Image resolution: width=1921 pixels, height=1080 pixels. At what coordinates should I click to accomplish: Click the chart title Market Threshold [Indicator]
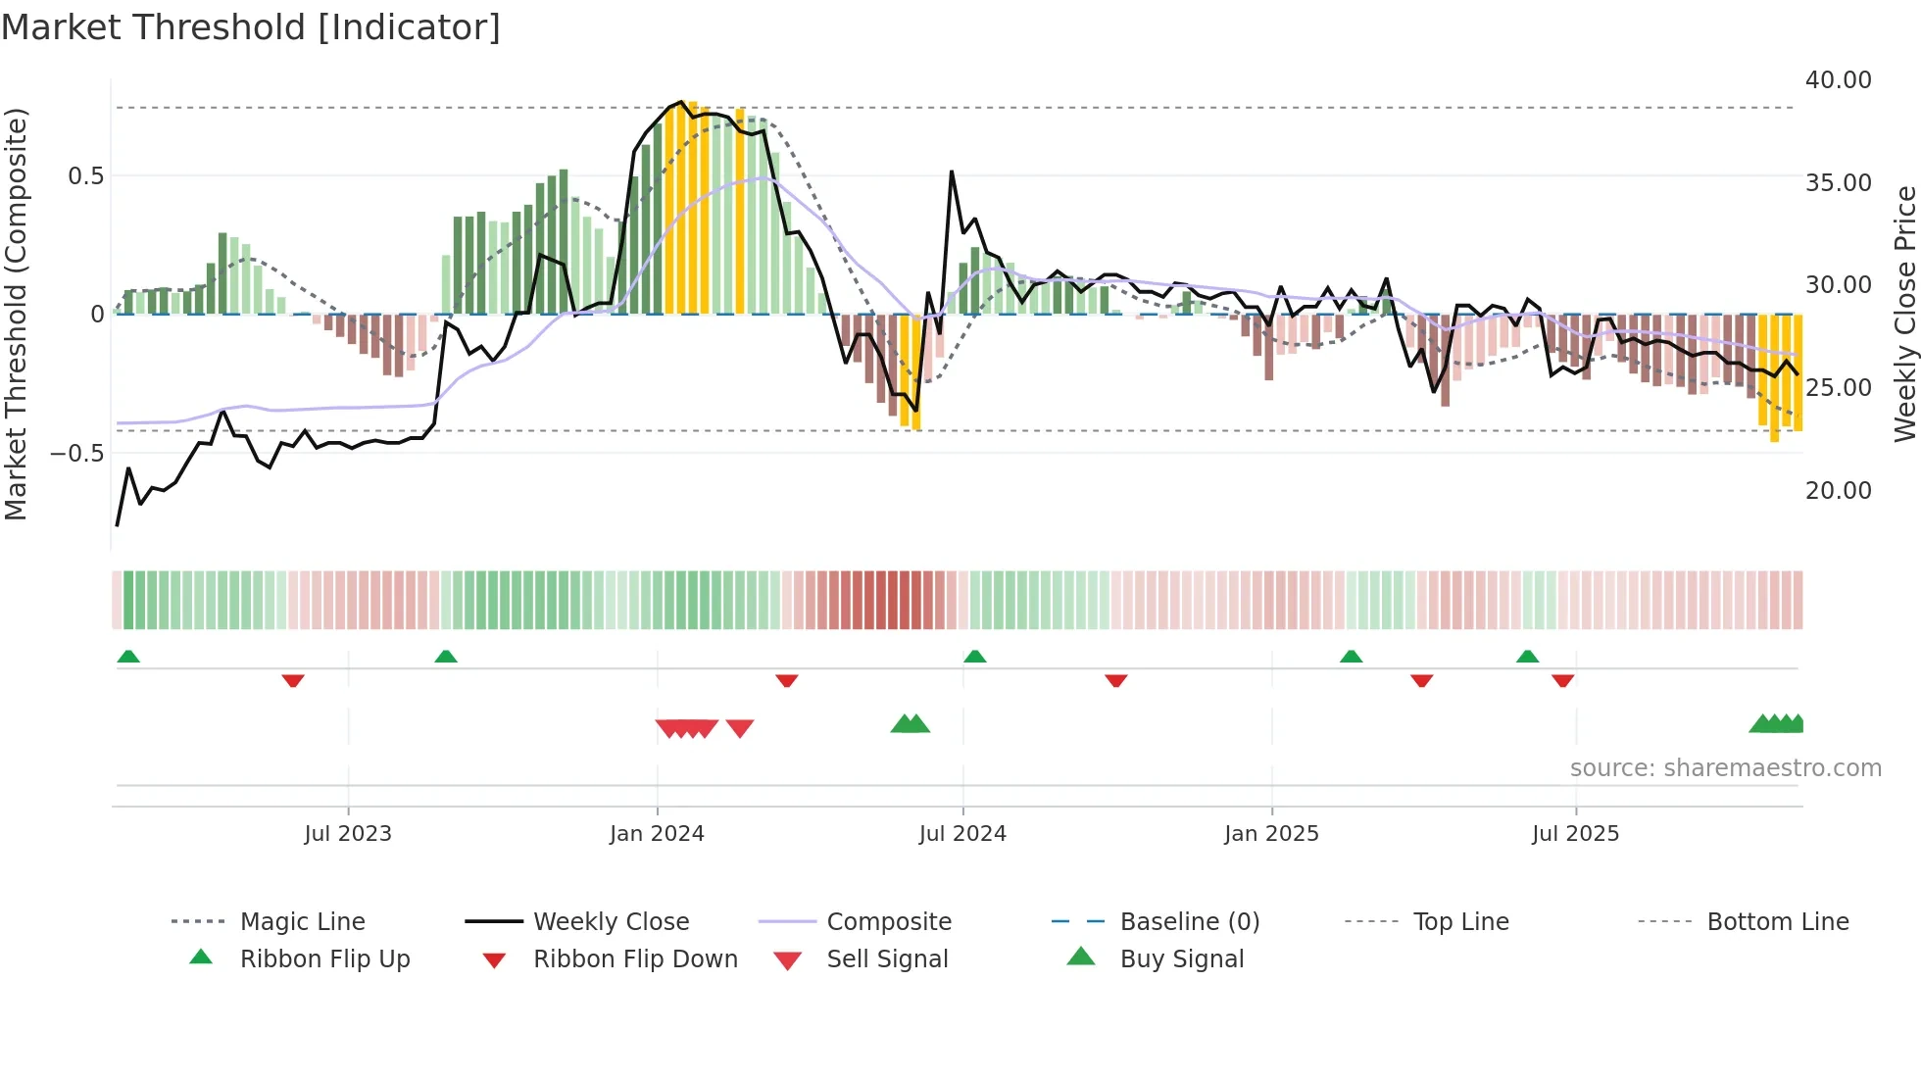click(251, 27)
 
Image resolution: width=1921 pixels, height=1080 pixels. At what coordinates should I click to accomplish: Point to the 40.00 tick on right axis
click(1838, 80)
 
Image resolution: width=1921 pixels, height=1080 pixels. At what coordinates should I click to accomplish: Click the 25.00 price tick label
click(1838, 388)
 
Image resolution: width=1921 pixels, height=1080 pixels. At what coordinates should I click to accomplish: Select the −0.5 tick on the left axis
click(76, 453)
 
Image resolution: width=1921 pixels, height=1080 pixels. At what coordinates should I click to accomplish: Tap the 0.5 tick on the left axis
click(85, 176)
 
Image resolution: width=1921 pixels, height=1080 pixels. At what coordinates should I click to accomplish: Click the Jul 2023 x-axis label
click(348, 834)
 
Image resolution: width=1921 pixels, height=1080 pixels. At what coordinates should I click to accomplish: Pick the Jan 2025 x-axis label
click(1271, 834)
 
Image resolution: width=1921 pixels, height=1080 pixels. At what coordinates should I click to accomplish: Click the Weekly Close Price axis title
click(1904, 314)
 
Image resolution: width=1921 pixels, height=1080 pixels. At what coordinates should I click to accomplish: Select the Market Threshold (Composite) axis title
click(16, 314)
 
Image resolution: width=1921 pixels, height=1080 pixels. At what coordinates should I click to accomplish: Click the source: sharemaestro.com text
click(1725, 768)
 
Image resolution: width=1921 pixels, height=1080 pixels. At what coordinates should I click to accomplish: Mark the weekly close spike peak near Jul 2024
click(951, 172)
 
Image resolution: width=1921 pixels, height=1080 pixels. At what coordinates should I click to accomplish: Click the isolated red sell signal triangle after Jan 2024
click(740, 728)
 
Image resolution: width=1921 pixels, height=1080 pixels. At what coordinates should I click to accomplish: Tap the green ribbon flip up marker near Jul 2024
click(974, 657)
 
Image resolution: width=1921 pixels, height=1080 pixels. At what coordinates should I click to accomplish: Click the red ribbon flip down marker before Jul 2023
click(293, 680)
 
